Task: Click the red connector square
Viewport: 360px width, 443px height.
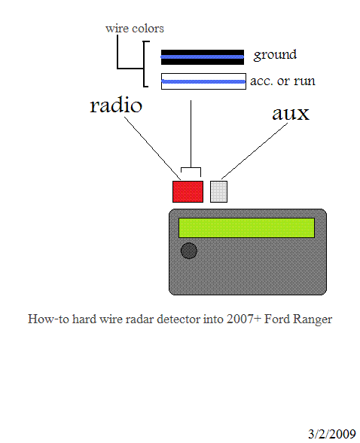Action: coord(188,192)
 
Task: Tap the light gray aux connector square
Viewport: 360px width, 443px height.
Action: coord(219,192)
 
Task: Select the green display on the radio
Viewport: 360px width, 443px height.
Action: coord(246,228)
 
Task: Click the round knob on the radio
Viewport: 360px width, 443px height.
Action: coord(189,251)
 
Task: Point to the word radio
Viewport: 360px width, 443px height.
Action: coord(116,105)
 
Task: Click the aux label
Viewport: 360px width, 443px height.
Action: coord(291,114)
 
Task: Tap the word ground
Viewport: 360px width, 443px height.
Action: coord(276,54)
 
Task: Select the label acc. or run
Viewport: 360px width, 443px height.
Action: coord(282,81)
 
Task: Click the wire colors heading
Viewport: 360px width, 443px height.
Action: coord(135,29)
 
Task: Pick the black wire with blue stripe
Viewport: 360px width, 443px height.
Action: coord(203,57)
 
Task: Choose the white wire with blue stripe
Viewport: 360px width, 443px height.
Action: coord(203,81)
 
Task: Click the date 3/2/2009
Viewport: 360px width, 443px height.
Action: coord(332,434)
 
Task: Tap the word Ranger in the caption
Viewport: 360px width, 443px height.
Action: coord(313,319)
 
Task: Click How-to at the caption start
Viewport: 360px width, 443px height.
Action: coord(48,319)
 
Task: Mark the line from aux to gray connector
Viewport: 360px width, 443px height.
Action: coord(255,151)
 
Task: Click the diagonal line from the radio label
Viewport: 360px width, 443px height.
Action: coord(152,148)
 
